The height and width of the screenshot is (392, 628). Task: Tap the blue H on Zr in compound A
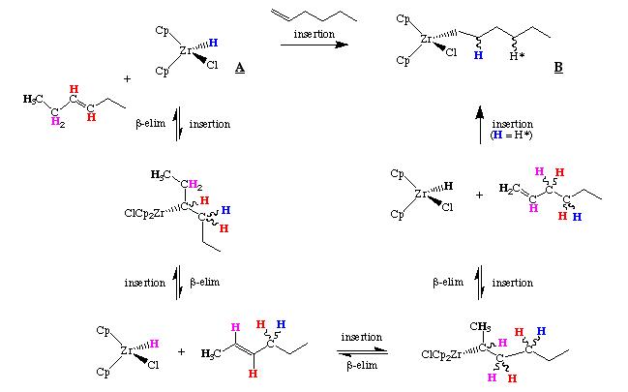pos(213,44)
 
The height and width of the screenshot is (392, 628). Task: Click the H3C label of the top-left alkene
pos(33,98)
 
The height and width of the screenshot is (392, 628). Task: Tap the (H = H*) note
pos(512,135)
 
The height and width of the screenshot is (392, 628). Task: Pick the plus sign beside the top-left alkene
pos(127,77)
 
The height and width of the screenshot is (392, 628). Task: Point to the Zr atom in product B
pos(426,40)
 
